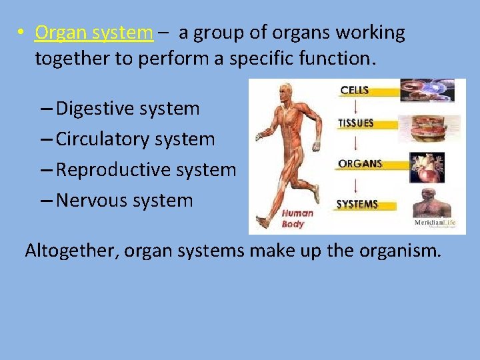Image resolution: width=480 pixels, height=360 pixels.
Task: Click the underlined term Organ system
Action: pos(94,33)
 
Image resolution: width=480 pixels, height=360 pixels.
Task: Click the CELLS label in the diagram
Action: pos(355,90)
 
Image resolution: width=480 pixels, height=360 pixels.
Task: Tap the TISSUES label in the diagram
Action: pos(356,124)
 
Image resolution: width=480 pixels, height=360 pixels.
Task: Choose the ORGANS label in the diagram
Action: pos(359,164)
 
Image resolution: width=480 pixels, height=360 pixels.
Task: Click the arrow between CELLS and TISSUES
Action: pos(355,107)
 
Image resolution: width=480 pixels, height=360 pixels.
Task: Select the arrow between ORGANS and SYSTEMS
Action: pos(355,184)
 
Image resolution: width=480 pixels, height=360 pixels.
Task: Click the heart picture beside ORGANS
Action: pos(427,167)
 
